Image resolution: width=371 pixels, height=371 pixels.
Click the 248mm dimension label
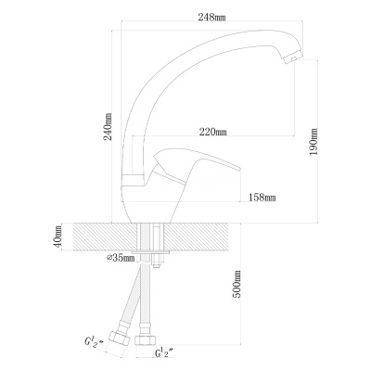click(211, 17)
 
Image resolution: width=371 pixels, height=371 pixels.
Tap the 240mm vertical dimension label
click(108, 126)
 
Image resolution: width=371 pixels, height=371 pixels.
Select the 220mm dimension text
click(212, 132)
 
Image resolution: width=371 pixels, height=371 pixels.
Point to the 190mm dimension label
click(313, 141)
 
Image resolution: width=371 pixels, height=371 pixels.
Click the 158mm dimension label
click(262, 197)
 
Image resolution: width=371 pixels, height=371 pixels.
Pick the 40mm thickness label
click(58, 237)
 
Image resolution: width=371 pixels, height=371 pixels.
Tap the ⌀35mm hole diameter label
click(121, 257)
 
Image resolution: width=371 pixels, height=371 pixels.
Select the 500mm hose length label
click(237, 284)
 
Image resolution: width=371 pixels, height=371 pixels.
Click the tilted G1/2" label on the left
click(95, 341)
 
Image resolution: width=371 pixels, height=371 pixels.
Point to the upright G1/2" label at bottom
click(163, 352)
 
